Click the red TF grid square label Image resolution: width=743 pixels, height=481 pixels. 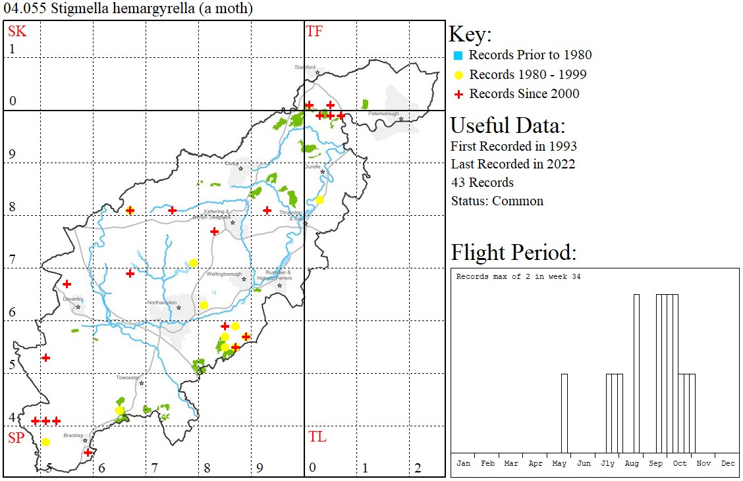pyautogui.click(x=315, y=31)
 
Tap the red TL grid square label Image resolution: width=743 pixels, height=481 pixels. pyautogui.click(x=317, y=437)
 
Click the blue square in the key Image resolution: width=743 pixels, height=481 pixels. pyautogui.click(x=458, y=55)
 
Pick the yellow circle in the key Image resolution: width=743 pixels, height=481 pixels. pyautogui.click(x=458, y=75)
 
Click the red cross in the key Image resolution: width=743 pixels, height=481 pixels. pyautogui.click(x=458, y=94)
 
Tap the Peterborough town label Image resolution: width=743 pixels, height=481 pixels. pyautogui.click(x=383, y=113)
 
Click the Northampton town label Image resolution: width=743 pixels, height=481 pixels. pyautogui.click(x=162, y=302)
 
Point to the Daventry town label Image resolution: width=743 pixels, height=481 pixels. pyautogui.click(x=72, y=299)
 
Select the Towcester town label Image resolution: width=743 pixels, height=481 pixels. pyautogui.click(x=128, y=378)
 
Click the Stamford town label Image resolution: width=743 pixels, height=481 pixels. pyautogui.click(x=305, y=67)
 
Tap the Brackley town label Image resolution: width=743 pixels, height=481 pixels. pyautogui.click(x=73, y=436)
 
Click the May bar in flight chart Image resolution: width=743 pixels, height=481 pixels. pyautogui.click(x=564, y=413)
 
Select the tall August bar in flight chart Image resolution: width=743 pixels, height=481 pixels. pyautogui.click(x=636, y=373)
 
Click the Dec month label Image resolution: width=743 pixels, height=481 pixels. pyautogui.click(x=728, y=463)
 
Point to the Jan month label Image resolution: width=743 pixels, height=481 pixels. pyautogui.click(x=464, y=463)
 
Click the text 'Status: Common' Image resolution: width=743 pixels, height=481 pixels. pyautogui.click(x=497, y=201)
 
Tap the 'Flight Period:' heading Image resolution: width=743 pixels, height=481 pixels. pyautogui.click(x=513, y=253)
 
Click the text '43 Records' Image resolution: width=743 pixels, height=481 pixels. pyautogui.click(x=482, y=183)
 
